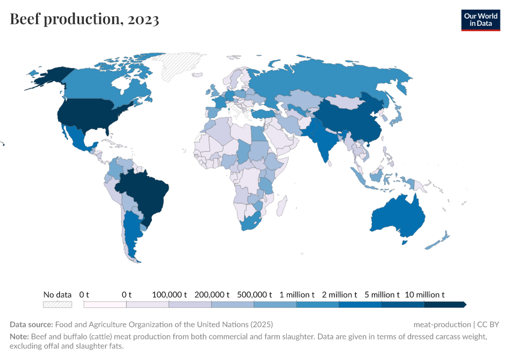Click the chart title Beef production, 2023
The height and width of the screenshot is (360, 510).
[85, 19]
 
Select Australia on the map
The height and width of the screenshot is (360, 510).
[399, 216]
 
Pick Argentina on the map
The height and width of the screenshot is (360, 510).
[132, 234]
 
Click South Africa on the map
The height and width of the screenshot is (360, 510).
[252, 222]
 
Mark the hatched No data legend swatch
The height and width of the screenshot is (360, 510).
[58, 304]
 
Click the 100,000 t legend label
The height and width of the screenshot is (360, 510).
[170, 295]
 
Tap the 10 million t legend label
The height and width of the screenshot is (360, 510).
[425, 295]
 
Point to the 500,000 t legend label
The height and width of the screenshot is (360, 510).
[254, 295]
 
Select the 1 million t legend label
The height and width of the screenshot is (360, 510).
[297, 295]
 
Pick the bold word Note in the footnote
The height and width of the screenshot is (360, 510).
[20, 337]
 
